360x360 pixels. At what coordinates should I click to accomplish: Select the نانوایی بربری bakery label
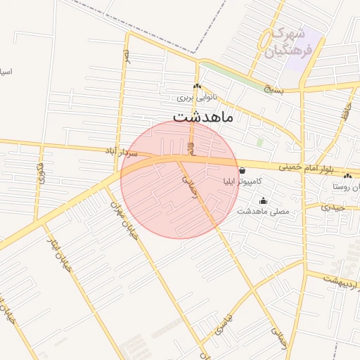click(x=198, y=98)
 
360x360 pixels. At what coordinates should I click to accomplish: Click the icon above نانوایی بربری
click(x=198, y=86)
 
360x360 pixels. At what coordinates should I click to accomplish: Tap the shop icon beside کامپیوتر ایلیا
click(x=242, y=170)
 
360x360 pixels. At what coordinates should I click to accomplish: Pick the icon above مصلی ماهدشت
click(x=263, y=200)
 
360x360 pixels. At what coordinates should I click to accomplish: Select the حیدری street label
click(x=333, y=207)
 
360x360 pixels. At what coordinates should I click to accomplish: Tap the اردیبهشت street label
click(x=341, y=281)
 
